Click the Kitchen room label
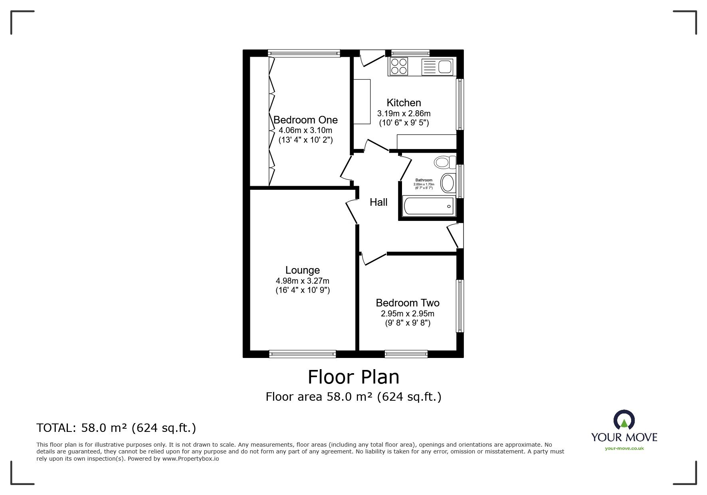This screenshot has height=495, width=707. point(404,103)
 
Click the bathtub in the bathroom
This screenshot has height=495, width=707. point(428,207)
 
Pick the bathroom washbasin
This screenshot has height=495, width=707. point(448,183)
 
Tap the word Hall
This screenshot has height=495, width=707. point(378,202)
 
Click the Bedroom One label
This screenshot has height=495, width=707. point(305,120)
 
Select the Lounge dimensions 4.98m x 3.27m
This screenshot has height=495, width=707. point(302,281)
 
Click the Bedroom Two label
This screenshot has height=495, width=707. point(408,303)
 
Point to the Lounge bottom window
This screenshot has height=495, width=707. point(303,353)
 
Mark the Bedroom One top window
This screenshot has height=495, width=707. point(304,52)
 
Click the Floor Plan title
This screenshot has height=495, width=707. point(353,377)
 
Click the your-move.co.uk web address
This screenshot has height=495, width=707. point(624,448)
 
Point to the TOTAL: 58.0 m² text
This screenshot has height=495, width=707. point(116,428)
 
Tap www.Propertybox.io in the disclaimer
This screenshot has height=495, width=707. point(190,459)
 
